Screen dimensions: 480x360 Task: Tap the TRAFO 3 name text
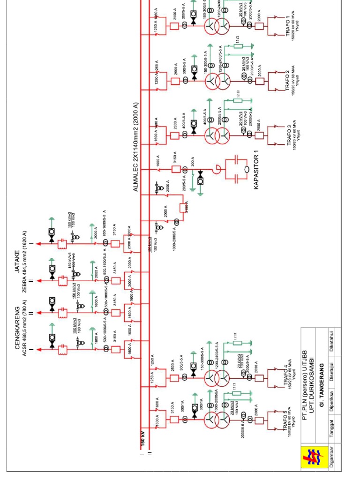tap(290, 135)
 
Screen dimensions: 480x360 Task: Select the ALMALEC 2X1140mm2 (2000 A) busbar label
tap(136, 147)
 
